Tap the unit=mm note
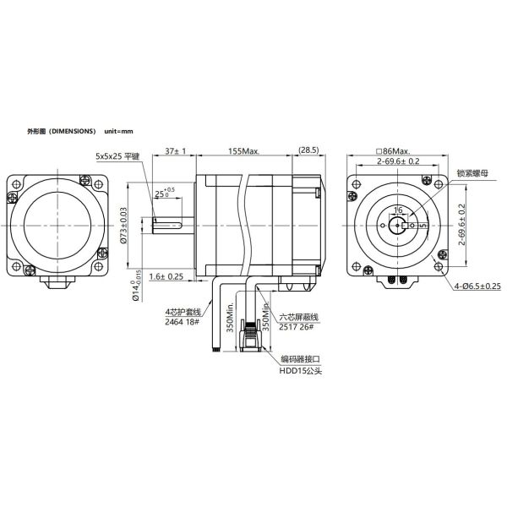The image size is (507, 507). pos(119,133)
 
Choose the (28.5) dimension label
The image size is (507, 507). pos(307,150)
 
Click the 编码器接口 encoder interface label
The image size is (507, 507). pos(300,359)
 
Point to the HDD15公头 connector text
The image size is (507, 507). pos(300,369)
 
